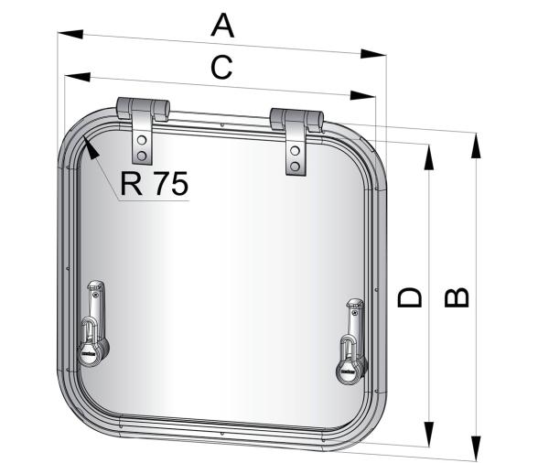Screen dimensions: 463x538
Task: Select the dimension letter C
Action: click(x=221, y=67)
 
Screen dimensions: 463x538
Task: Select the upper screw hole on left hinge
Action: click(x=142, y=138)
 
